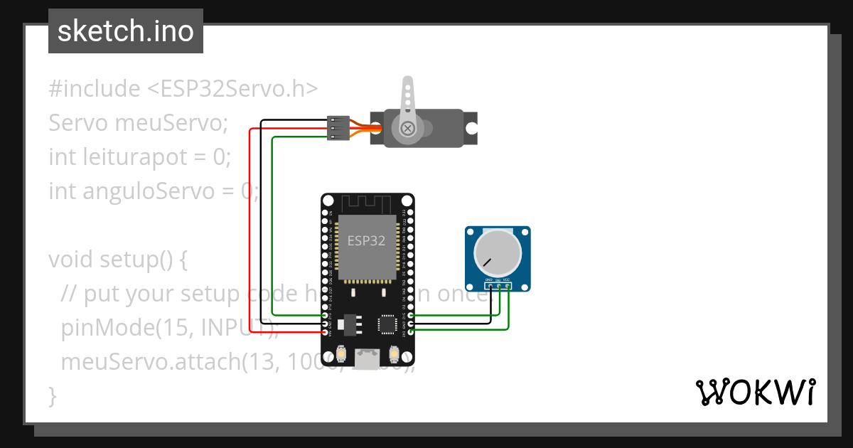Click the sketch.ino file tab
click(x=125, y=31)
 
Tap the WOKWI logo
click(x=754, y=392)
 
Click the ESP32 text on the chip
click(x=366, y=240)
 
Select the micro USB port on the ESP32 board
click(x=367, y=360)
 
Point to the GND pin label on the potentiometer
click(x=489, y=280)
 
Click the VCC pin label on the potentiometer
click(x=507, y=280)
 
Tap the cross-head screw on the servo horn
click(x=407, y=129)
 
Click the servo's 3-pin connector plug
click(x=337, y=128)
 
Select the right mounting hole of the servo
click(x=471, y=128)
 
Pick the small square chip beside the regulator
click(x=388, y=324)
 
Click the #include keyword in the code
click(x=95, y=89)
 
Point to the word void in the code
click(x=71, y=259)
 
